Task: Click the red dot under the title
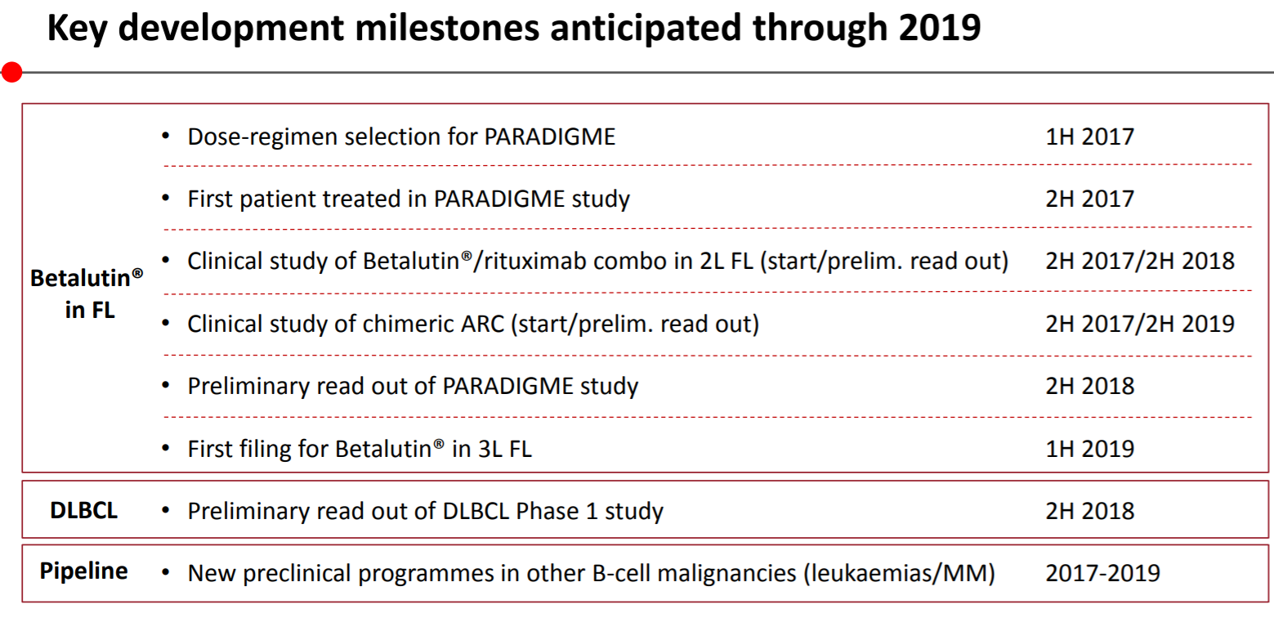pos(12,72)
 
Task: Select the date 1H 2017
pos(1090,137)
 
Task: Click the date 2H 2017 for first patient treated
pos(1090,199)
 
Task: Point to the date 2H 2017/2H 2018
pos(1140,262)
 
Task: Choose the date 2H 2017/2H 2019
pos(1140,324)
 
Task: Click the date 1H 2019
pos(1090,449)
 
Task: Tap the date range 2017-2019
pos(1103,573)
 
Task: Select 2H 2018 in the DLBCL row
pos(1090,511)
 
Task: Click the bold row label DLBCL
pos(83,510)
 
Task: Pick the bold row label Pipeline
pos(83,571)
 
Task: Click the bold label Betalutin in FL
pos(87,293)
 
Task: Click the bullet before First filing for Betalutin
pos(166,449)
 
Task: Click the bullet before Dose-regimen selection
pos(166,136)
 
